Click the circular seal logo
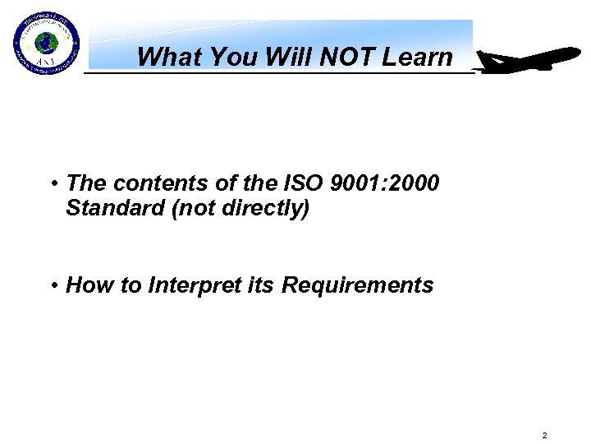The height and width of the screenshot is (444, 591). (x=46, y=44)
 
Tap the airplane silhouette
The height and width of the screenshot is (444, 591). (x=529, y=61)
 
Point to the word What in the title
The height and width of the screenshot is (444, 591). (x=170, y=57)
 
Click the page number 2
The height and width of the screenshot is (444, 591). (x=543, y=434)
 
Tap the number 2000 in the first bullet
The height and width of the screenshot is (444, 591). (x=418, y=183)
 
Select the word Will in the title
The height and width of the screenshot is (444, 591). (x=286, y=57)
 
